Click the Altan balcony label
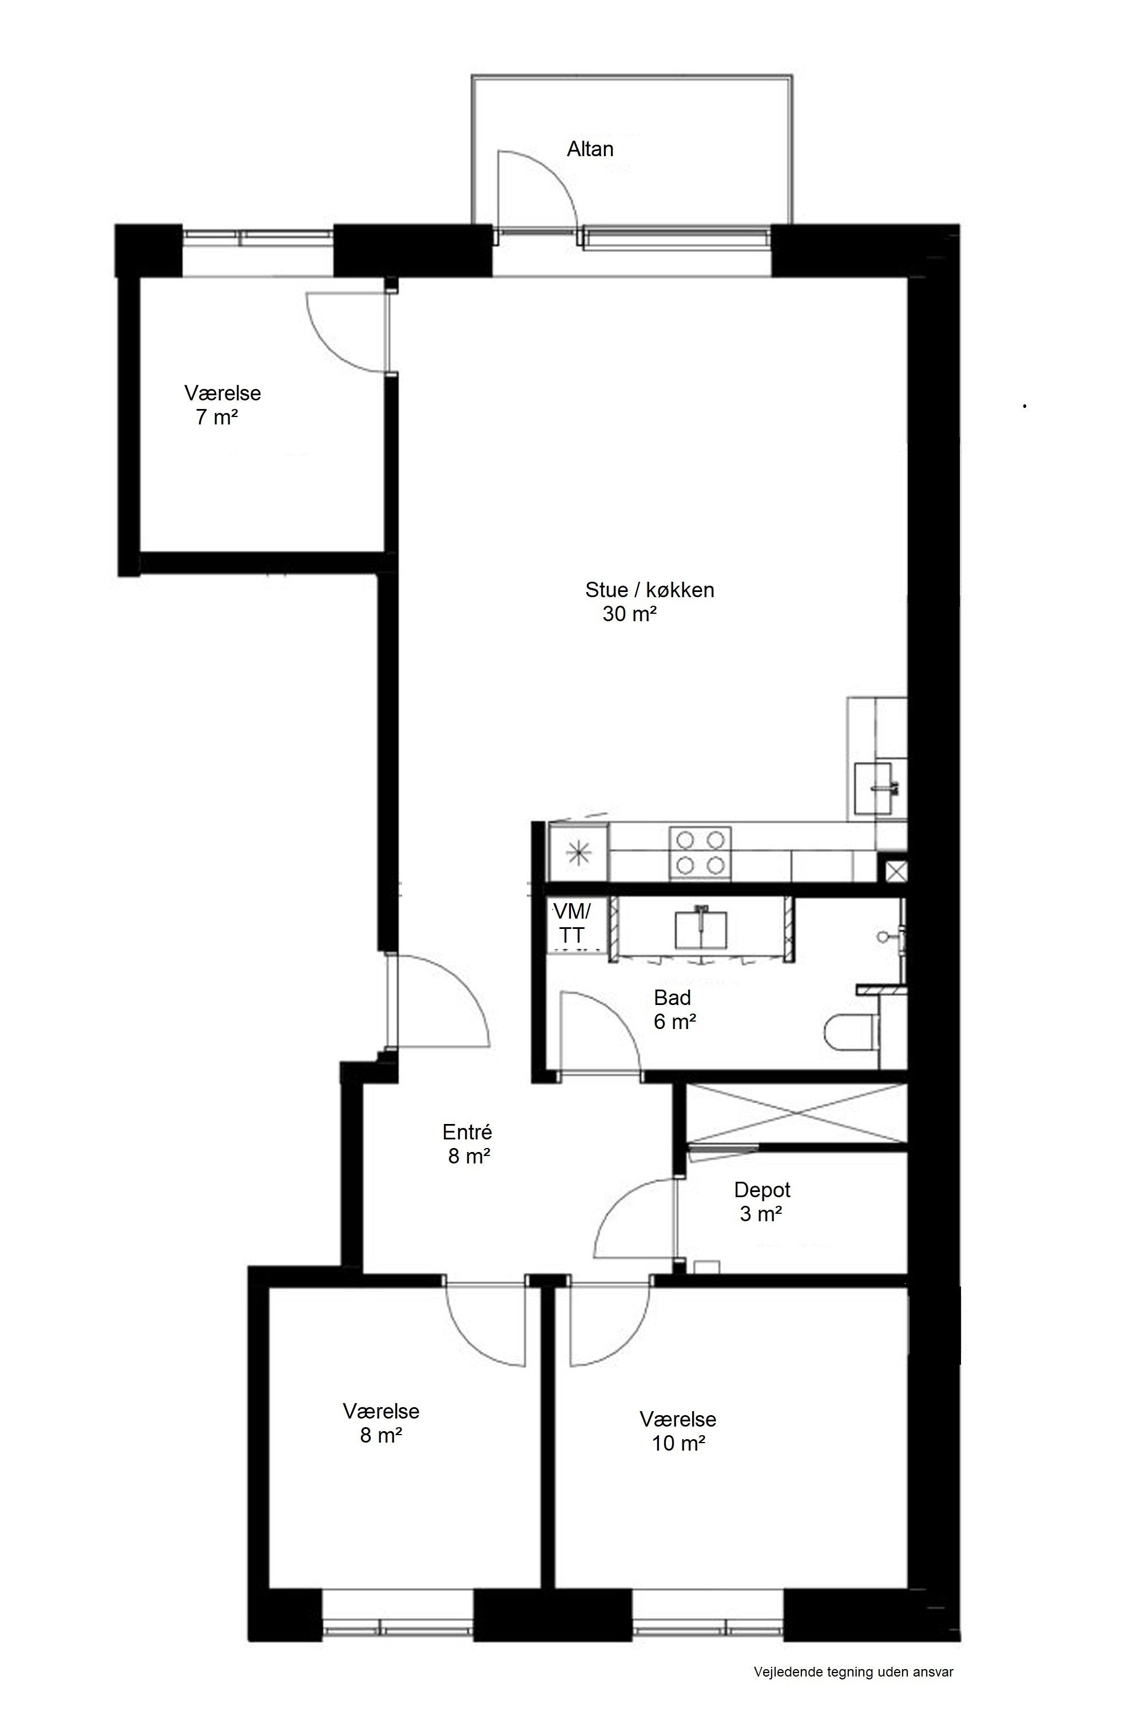590,149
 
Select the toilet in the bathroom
850,1032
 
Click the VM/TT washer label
572,923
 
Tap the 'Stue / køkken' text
649,590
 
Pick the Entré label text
467,1131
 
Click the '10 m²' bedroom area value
678,1443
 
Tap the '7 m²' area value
217,418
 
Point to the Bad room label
672,998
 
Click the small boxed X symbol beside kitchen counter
895,871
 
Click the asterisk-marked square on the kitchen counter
578,852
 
